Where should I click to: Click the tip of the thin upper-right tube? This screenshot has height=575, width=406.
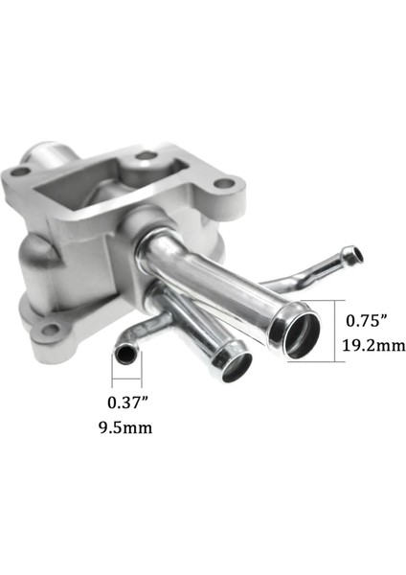click(356, 255)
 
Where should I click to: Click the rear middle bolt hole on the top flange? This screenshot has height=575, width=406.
click(146, 155)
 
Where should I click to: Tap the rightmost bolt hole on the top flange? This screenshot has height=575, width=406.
click(224, 183)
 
